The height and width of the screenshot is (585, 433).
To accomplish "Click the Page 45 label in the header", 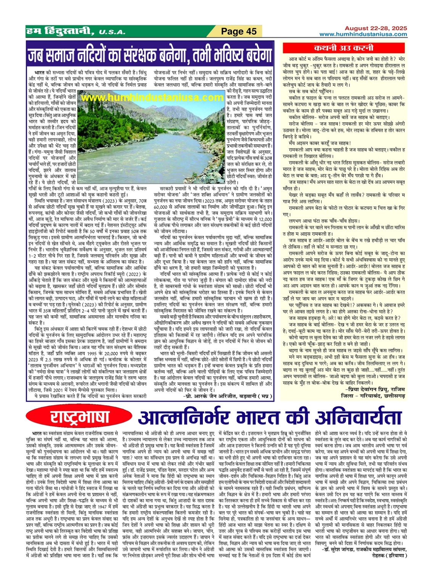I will (239, 31).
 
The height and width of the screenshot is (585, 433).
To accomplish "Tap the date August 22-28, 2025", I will (376, 28).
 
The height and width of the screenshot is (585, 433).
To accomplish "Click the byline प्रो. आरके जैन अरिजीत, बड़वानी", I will (228, 396).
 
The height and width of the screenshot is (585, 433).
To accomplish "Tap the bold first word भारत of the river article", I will (39, 72).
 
